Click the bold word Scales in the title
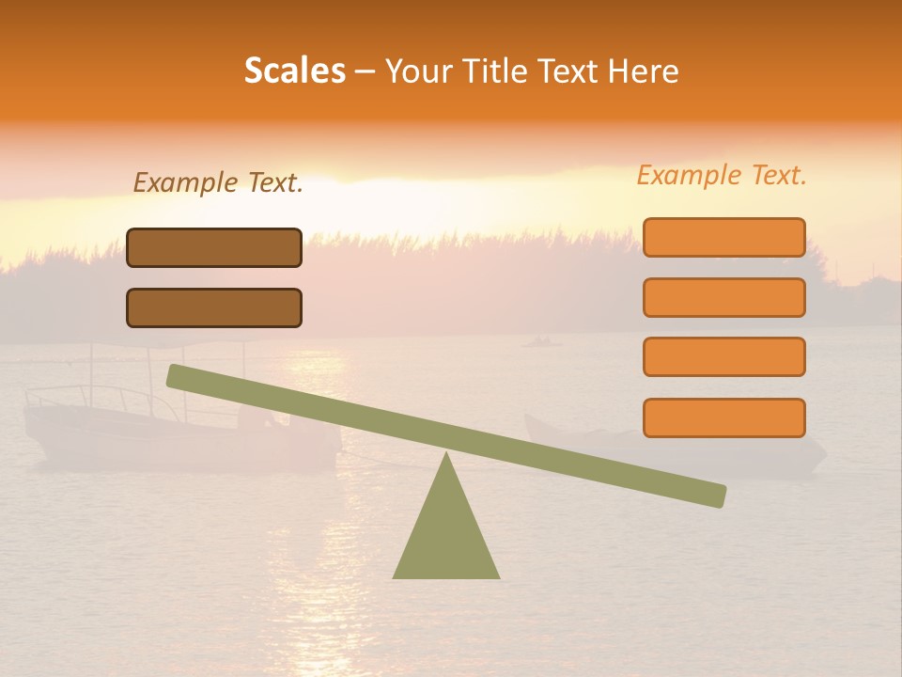295,71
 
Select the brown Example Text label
218,182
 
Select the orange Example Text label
722,175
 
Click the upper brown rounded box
214,247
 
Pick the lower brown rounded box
214,307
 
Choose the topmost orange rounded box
723,237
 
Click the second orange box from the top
723,297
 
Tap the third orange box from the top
723,356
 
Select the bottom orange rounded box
723,417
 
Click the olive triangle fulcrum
446,536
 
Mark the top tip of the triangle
446,455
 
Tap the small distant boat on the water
541,341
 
